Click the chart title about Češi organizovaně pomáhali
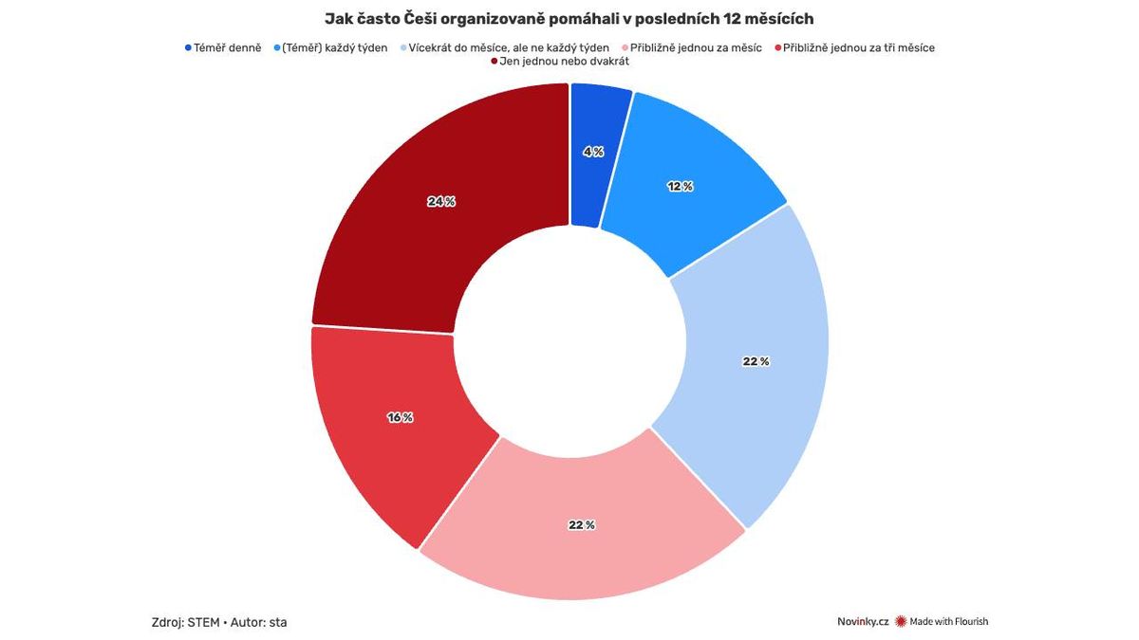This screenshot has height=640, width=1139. pos(569,19)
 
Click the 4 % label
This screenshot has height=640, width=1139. pos(592,152)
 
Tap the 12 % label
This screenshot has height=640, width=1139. pos(680,187)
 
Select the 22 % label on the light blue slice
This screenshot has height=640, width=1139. pos(756,361)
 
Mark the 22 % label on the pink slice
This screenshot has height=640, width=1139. pos(582,524)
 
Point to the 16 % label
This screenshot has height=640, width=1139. pos(400,417)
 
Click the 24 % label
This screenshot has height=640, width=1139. pos(441,201)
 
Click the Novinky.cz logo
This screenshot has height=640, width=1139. pos(862,622)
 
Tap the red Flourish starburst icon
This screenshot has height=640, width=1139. pos(901,622)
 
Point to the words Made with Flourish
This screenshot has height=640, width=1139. pos(948,622)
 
